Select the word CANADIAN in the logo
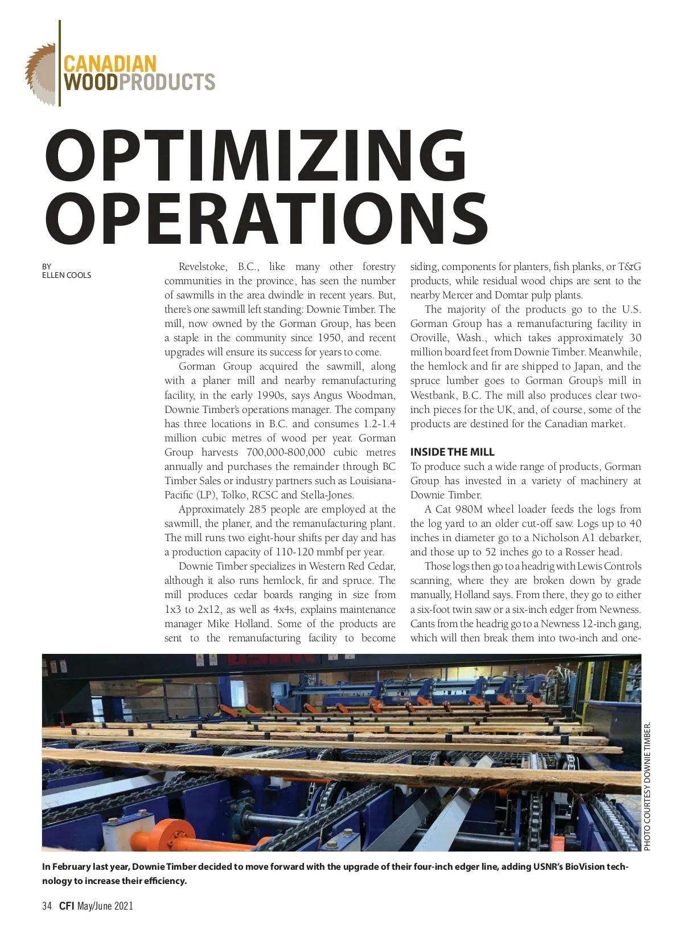109,63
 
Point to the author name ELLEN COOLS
67,275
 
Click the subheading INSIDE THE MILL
452,452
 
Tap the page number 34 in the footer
47,906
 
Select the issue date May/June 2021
105,906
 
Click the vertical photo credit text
647,787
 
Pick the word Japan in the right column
585,366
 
